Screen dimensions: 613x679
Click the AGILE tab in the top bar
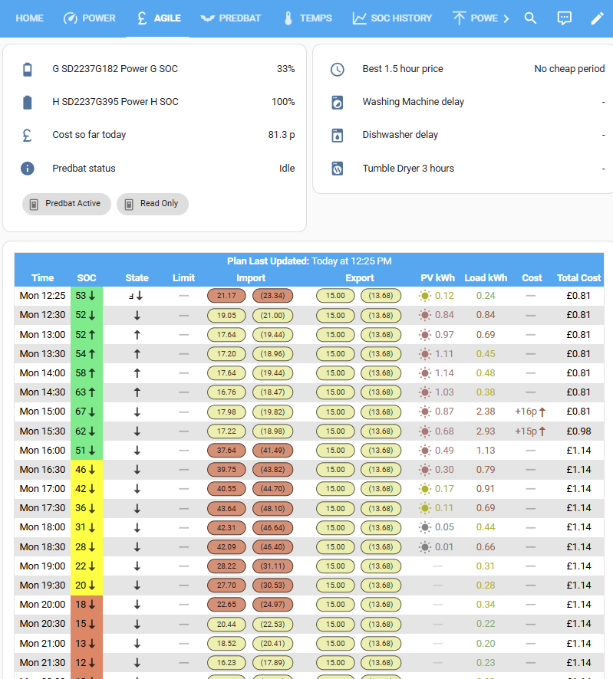[158, 18]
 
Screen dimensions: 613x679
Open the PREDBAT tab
[230, 18]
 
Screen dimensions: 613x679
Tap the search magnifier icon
[530, 18]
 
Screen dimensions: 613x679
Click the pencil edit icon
[597, 18]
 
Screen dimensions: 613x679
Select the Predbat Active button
[67, 204]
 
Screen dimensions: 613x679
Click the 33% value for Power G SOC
[285, 69]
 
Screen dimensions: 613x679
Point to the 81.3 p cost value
[282, 135]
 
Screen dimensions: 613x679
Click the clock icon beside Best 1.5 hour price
[338, 69]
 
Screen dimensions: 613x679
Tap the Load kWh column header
[486, 278]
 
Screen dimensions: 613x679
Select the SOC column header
[87, 278]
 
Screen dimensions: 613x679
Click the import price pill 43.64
[227, 508]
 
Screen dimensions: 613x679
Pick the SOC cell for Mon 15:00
[87, 412]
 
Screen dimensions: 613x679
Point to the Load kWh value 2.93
[486, 431]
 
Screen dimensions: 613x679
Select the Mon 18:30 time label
[42, 547]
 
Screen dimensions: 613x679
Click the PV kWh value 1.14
[444, 373]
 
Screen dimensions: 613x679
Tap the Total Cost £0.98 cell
[578, 431]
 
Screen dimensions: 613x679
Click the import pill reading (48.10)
[272, 508]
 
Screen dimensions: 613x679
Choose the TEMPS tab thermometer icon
[288, 18]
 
